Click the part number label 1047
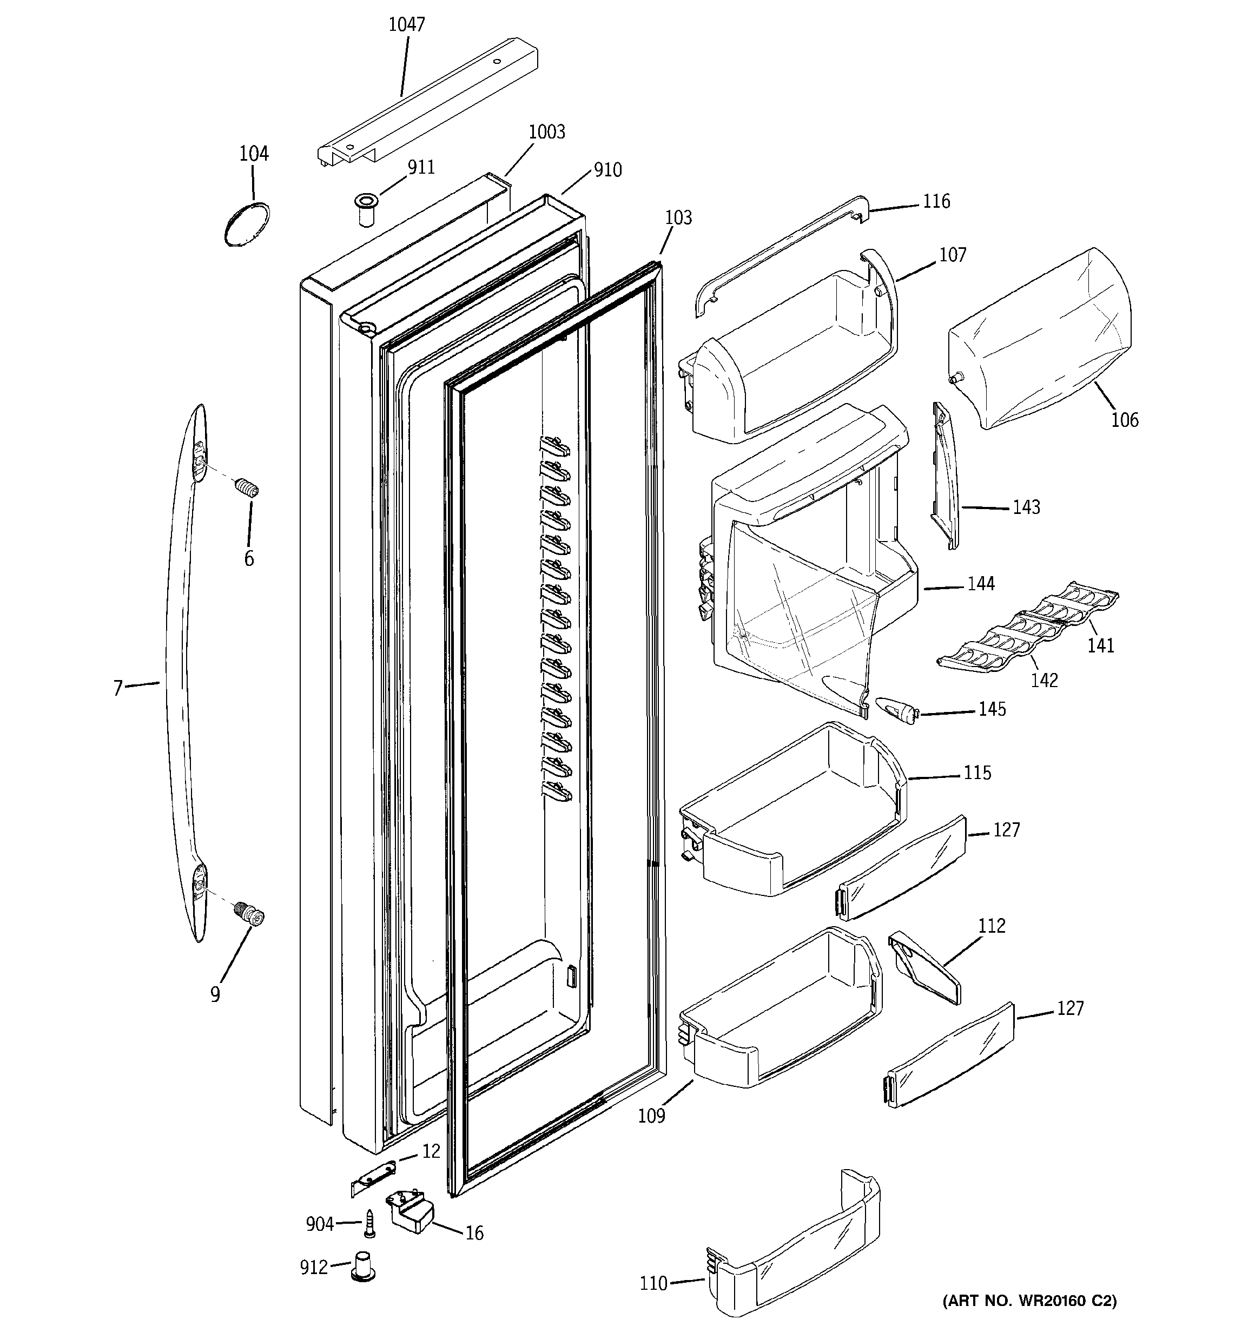406,25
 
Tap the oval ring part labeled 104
247,225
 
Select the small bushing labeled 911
366,209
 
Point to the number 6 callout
249,559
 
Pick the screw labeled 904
369,1223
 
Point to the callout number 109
651,1116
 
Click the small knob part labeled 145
896,709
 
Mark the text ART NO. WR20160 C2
1029,1319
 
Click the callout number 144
981,584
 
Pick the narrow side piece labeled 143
944,475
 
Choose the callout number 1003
546,132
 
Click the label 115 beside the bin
977,773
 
